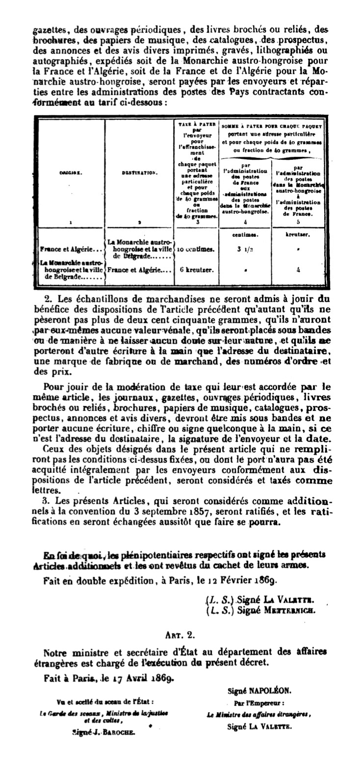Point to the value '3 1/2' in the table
click(244, 249)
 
